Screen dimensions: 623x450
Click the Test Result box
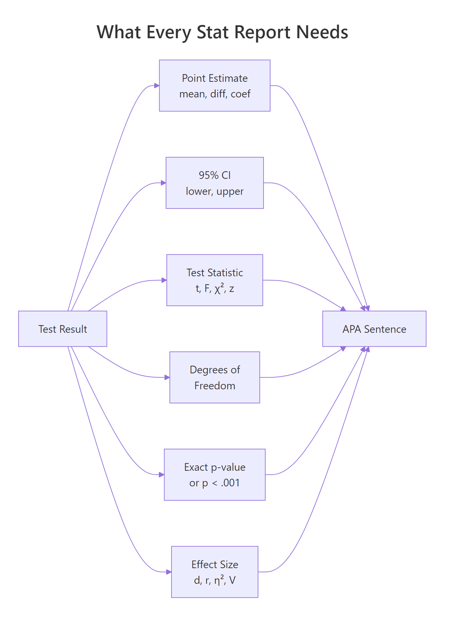coord(62,329)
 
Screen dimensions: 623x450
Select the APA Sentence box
coord(374,329)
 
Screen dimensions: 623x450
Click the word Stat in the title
coord(213,32)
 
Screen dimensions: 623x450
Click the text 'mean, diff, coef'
coord(215,94)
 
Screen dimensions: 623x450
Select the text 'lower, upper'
coord(215,191)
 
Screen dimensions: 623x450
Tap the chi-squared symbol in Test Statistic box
coord(219,288)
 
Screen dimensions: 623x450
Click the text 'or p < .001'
coord(215,483)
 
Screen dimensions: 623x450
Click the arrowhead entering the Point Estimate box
coord(157,86)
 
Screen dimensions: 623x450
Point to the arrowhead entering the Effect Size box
coord(169,572)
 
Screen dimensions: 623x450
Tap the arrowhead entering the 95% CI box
coord(164,183)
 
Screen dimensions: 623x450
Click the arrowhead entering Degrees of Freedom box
coord(167,377)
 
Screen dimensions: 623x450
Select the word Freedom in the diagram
coord(215,386)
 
